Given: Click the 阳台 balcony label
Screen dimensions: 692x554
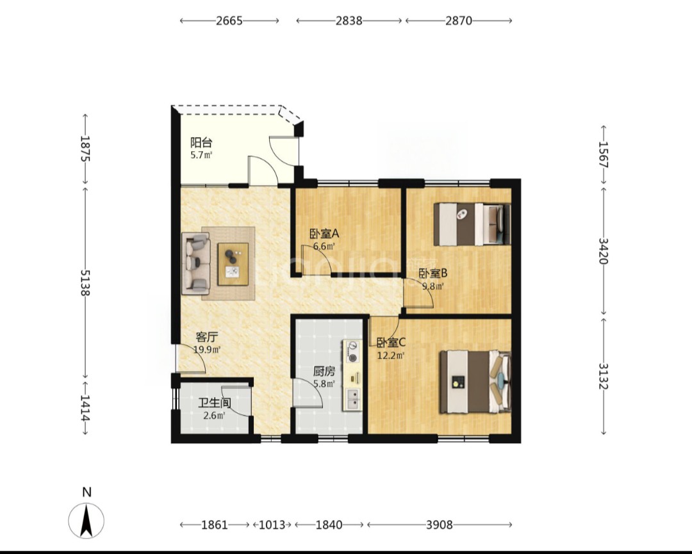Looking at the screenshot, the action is click(x=201, y=142).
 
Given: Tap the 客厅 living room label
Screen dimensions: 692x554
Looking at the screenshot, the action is click(x=206, y=338).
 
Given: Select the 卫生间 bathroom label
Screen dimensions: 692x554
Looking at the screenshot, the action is click(x=215, y=403).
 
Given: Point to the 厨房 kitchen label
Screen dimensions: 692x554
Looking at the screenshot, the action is click(x=324, y=372).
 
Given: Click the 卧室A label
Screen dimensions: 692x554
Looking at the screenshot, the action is click(x=324, y=234).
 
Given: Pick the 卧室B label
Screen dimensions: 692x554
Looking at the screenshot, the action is click(x=433, y=273).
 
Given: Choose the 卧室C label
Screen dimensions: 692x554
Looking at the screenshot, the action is click(x=391, y=342).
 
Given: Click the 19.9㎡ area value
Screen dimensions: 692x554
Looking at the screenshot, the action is click(x=207, y=350).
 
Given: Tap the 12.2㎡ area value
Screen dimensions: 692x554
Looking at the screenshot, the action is click(x=391, y=355).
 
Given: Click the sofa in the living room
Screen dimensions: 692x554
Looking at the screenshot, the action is click(x=196, y=264).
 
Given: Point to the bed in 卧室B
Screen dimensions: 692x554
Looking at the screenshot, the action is click(x=472, y=224).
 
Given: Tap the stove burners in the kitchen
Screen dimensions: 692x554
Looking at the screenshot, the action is click(x=352, y=352).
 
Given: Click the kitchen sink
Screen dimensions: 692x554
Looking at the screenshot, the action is click(x=352, y=399).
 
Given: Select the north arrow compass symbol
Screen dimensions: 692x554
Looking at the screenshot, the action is click(x=86, y=521).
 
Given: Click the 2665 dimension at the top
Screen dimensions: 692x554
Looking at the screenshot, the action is click(x=229, y=20).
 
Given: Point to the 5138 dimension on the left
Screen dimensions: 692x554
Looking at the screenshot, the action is click(x=85, y=282).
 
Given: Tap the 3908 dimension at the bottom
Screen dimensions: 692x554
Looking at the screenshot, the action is click(x=440, y=525).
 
